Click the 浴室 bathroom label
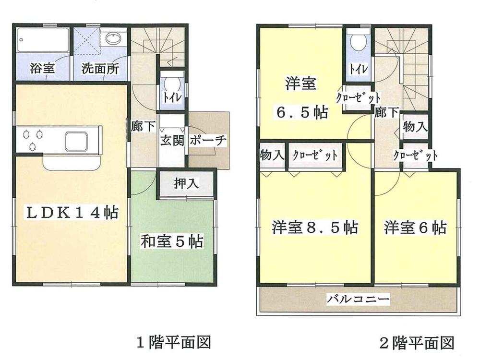pyautogui.click(x=42, y=68)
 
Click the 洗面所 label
pyautogui.click(x=100, y=68)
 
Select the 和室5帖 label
pyautogui.click(x=171, y=240)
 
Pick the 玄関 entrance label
pyautogui.click(x=171, y=141)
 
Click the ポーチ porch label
pyautogui.click(x=208, y=141)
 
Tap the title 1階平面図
pyautogui.click(x=174, y=342)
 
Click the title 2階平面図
pyautogui.click(x=417, y=343)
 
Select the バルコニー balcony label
pyautogui.click(x=358, y=300)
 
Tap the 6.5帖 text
pyautogui.click(x=302, y=113)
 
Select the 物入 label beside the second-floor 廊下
pyautogui.click(x=415, y=127)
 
